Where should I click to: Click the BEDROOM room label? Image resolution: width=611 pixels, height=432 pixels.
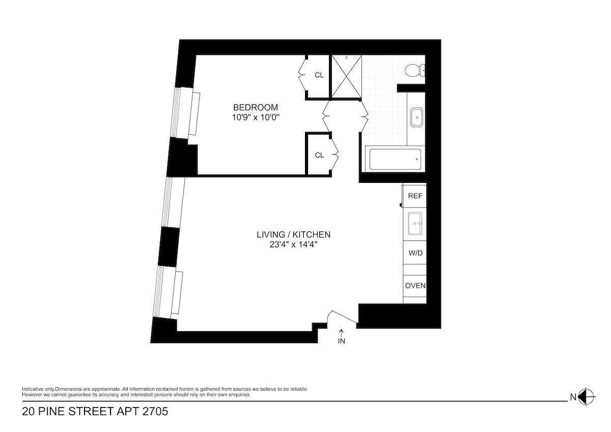[x=256, y=107]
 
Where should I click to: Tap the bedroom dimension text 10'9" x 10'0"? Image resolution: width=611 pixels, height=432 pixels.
[x=256, y=117]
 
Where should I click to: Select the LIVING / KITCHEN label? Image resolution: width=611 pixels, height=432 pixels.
[x=294, y=235]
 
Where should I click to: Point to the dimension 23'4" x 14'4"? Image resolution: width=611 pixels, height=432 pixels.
[x=294, y=245]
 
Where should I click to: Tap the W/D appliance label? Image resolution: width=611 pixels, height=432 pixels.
[x=415, y=253]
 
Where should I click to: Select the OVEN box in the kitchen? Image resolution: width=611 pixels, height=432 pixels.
[x=415, y=285]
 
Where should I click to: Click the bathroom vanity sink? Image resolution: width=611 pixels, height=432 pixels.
[x=417, y=118]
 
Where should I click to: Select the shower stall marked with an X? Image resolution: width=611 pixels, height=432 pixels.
[x=346, y=77]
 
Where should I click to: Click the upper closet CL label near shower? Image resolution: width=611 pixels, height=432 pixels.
[x=319, y=75]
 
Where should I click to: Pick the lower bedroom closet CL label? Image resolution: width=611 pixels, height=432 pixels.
[x=319, y=155]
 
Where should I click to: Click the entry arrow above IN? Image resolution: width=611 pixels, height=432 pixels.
[x=341, y=332]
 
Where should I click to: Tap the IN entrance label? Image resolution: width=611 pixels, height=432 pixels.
[x=341, y=341]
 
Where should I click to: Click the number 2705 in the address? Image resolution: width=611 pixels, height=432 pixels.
[x=153, y=411]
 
